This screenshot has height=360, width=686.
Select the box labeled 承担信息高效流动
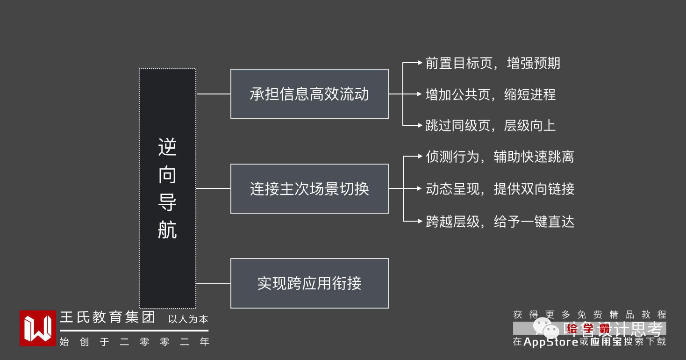[x=309, y=94]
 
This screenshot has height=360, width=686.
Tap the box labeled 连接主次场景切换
[x=309, y=188]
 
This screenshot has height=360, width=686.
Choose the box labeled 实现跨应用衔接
[x=309, y=283]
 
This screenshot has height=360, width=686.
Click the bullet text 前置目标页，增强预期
[x=493, y=63]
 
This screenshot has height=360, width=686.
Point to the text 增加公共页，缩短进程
[x=490, y=94]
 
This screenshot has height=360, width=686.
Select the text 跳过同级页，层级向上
[x=490, y=125]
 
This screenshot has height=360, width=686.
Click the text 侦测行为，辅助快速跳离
[x=500, y=157]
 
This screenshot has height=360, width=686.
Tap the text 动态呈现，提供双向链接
[x=500, y=188]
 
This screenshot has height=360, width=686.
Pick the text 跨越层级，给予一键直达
[x=500, y=221]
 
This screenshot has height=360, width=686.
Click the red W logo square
[x=38, y=328]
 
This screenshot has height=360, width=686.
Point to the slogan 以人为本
[x=188, y=319]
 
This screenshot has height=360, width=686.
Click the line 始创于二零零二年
[x=134, y=342]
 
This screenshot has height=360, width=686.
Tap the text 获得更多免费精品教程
[x=589, y=315]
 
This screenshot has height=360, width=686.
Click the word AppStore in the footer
[x=550, y=342]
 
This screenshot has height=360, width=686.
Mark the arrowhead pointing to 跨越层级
[x=420, y=221]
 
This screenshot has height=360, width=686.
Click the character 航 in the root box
[x=167, y=230]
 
